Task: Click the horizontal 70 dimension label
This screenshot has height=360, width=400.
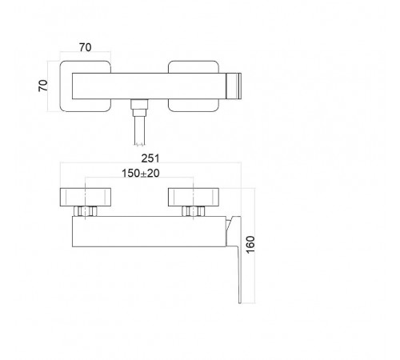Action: [x=86, y=47]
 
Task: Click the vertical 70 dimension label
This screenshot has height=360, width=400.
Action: [x=43, y=86]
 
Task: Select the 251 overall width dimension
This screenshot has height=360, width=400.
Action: [x=150, y=158]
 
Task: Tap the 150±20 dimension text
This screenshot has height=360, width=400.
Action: [x=141, y=174]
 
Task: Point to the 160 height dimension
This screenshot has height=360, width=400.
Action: [x=250, y=245]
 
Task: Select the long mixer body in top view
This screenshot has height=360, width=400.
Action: [x=149, y=86]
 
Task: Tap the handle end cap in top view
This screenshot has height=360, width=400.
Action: [x=234, y=86]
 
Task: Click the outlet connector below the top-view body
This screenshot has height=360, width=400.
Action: [x=139, y=107]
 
